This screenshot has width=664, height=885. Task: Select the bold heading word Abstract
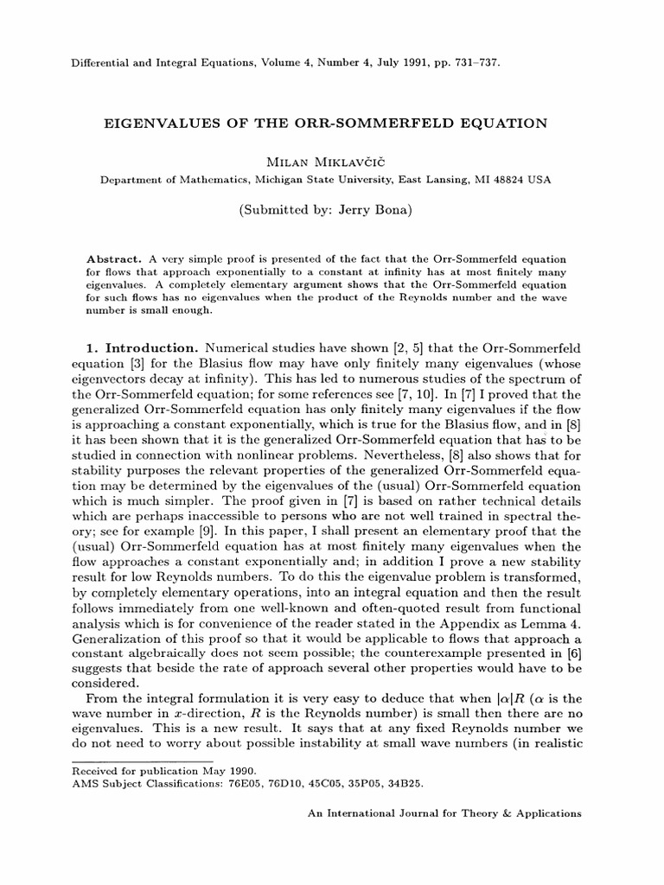click(117, 260)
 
